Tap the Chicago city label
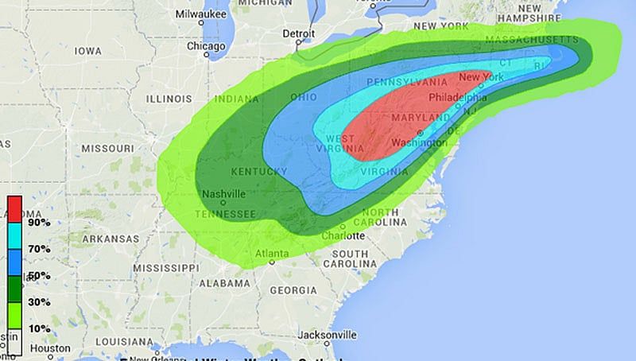(206, 46)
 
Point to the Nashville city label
(223, 194)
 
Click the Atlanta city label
(273, 254)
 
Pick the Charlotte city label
(343, 236)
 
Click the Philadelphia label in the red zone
(457, 98)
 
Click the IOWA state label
(87, 51)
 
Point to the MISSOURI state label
(107, 149)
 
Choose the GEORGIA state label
(293, 290)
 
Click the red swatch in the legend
(14, 208)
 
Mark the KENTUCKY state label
(258, 172)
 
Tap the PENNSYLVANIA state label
(407, 83)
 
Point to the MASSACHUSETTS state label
(531, 39)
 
